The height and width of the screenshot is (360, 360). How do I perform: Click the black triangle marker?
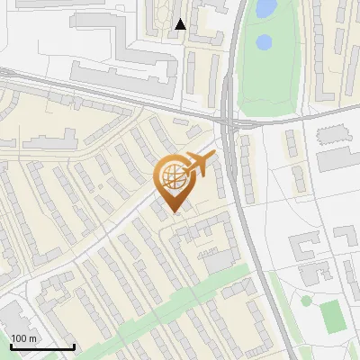click(x=180, y=24)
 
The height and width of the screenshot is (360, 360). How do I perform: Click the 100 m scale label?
click(x=24, y=337)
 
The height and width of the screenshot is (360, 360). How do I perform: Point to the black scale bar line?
click(x=42, y=346)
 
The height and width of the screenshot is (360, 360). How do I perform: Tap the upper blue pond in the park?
click(x=265, y=9)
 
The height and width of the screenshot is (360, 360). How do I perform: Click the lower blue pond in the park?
click(x=264, y=41)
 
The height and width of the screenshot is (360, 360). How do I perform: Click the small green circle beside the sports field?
click(x=306, y=301)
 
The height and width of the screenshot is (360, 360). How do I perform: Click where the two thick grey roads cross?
click(x=228, y=120)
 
